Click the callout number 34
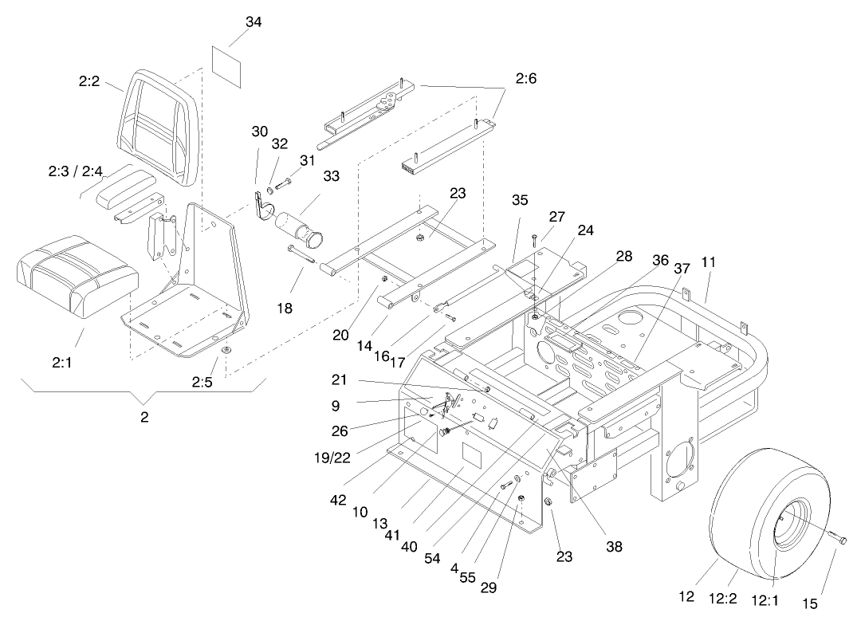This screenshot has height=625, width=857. [254, 22]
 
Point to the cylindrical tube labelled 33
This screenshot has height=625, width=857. [299, 226]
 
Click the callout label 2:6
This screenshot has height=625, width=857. [526, 78]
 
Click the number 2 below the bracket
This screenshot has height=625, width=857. [144, 417]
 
